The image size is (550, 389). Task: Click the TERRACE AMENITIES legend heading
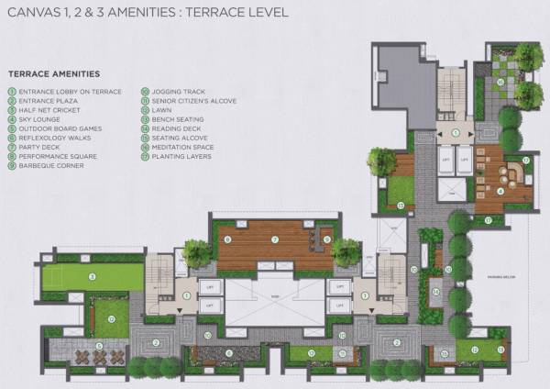click(53, 73)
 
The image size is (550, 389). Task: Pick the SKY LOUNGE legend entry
click(41, 119)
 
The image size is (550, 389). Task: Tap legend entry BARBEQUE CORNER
click(50, 166)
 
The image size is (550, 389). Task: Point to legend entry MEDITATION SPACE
click(180, 148)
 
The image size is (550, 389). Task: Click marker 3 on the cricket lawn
click(93, 275)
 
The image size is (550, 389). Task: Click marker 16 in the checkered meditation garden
click(500, 83)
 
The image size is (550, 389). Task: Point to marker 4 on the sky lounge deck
click(500, 191)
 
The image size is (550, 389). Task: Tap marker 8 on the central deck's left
click(226, 240)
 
